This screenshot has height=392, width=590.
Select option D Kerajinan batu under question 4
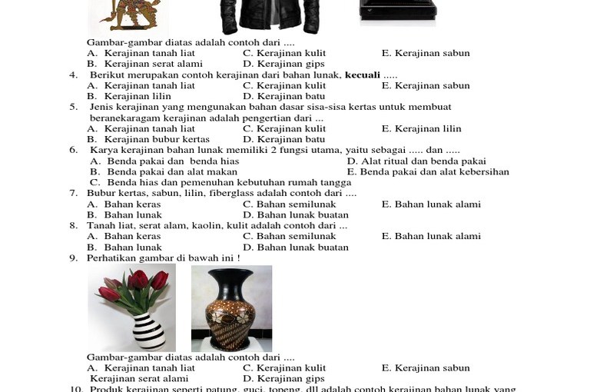[x=284, y=97]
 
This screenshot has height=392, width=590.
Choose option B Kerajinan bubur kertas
[x=148, y=140]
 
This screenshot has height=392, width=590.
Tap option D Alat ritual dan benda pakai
[x=416, y=161]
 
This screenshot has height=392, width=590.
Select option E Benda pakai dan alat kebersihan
[x=428, y=172]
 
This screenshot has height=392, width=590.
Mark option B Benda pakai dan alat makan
[x=164, y=172]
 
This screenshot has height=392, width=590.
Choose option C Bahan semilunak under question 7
[x=290, y=204]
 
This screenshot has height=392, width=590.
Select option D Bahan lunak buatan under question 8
[x=296, y=247]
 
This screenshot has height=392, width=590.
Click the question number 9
[x=73, y=258]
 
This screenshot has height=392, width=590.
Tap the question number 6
[x=73, y=151]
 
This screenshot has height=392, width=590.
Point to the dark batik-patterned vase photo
[x=231, y=309]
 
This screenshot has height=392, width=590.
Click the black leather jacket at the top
[x=269, y=17]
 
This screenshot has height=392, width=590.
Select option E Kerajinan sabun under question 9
[x=426, y=368]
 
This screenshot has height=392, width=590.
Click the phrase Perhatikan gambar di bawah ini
[x=163, y=258]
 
